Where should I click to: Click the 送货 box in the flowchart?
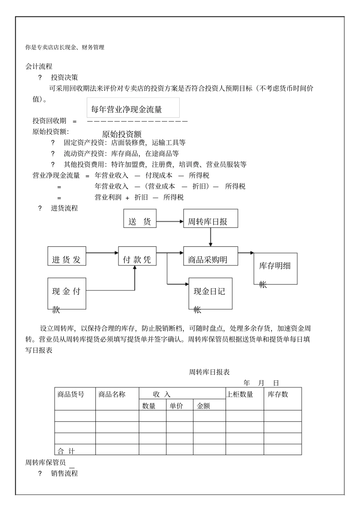click(x=140, y=218)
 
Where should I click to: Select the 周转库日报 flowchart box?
click(x=211, y=218)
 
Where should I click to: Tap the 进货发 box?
click(x=67, y=256)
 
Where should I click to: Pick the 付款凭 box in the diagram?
click(x=137, y=256)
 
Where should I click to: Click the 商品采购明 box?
click(x=211, y=256)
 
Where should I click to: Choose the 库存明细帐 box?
click(x=275, y=268)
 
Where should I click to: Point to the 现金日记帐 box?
click(x=210, y=293)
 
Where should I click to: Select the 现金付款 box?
click(x=67, y=293)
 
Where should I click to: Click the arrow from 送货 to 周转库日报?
click(x=170, y=221)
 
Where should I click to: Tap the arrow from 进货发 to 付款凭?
click(x=102, y=253)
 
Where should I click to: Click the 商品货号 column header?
click(x=71, y=394)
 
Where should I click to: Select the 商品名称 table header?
click(x=112, y=394)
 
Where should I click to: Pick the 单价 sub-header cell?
click(x=176, y=406)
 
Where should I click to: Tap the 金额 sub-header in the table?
click(x=203, y=406)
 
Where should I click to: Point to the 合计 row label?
click(x=66, y=451)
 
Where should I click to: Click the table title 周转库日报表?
click(x=210, y=372)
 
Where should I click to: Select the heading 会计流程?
click(x=39, y=67)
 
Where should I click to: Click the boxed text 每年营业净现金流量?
click(x=127, y=110)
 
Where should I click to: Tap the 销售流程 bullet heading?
click(x=64, y=473)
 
